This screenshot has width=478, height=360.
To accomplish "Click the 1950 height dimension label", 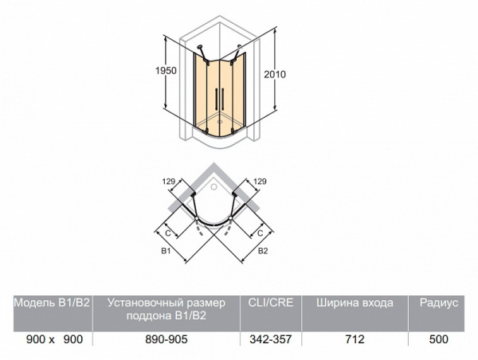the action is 166,71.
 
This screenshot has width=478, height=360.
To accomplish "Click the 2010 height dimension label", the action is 275,74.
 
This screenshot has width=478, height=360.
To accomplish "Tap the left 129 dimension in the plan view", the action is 169,182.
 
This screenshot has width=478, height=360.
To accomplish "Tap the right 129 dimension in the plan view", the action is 260,182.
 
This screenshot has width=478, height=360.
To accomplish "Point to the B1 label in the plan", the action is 166,251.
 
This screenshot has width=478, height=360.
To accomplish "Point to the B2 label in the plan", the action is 263,251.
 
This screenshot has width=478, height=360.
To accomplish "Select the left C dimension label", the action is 168,233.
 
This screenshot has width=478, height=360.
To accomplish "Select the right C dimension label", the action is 260,233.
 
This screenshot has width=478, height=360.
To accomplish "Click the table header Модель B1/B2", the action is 52,303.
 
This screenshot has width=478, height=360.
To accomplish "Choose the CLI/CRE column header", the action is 271,303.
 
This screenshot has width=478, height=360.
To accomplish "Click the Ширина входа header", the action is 355,303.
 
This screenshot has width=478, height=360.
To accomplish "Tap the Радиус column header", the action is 439,303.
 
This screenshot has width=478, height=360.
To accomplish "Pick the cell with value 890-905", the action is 167,339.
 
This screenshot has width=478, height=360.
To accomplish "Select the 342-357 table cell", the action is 271,339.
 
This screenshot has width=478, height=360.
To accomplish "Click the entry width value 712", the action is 355,339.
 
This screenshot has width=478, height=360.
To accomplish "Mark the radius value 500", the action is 439,339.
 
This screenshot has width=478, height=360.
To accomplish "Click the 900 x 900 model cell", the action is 54,339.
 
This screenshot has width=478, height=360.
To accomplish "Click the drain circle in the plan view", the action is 214,186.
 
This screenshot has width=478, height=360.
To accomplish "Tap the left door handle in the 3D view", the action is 217,99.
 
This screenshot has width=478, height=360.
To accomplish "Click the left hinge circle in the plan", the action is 197,219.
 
